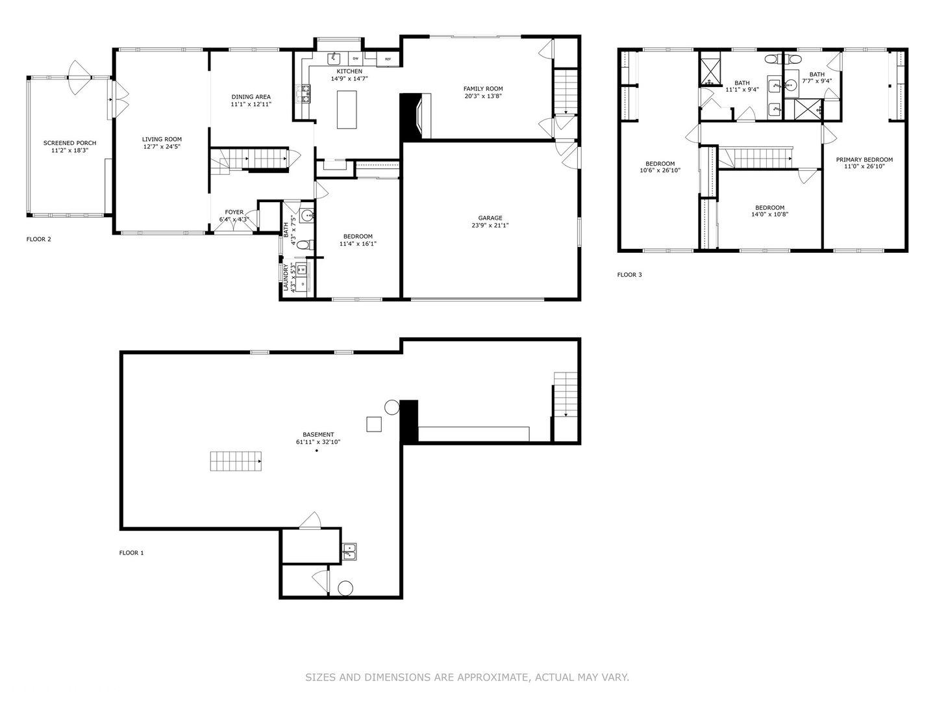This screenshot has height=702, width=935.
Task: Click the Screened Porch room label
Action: pyautogui.click(x=70, y=143)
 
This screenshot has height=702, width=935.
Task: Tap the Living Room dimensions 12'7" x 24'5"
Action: pyautogui.click(x=162, y=147)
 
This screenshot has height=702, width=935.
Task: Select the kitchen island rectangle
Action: pyautogui.click(x=347, y=110)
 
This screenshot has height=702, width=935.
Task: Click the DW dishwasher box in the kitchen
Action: pyautogui.click(x=356, y=58)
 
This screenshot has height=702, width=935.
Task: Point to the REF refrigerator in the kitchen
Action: pyautogui.click(x=388, y=59)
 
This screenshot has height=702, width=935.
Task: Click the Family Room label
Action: pyautogui.click(x=483, y=88)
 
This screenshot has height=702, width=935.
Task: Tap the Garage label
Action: pyautogui.click(x=490, y=218)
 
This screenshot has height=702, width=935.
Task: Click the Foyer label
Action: pyautogui.click(x=234, y=212)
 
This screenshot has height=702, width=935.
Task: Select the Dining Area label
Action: pyautogui.click(x=251, y=97)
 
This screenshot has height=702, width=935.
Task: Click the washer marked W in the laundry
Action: pyautogui.click(x=301, y=270)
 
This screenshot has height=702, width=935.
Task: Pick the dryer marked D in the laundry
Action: pyautogui.click(x=302, y=284)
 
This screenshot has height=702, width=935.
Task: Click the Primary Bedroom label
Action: pyautogui.click(x=864, y=159)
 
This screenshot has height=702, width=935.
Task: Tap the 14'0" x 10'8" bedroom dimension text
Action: pyautogui.click(x=769, y=214)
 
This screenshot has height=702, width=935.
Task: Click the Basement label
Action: pyautogui.click(x=318, y=435)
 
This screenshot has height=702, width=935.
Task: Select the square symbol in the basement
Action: pyautogui.click(x=374, y=424)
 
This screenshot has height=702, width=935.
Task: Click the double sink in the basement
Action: pyautogui.click(x=349, y=552)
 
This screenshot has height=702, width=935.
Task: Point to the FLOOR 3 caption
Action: pyautogui.click(x=629, y=275)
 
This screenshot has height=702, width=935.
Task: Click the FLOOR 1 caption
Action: pyautogui.click(x=131, y=552)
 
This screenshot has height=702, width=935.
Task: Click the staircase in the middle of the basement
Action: pyautogui.click(x=236, y=461)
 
